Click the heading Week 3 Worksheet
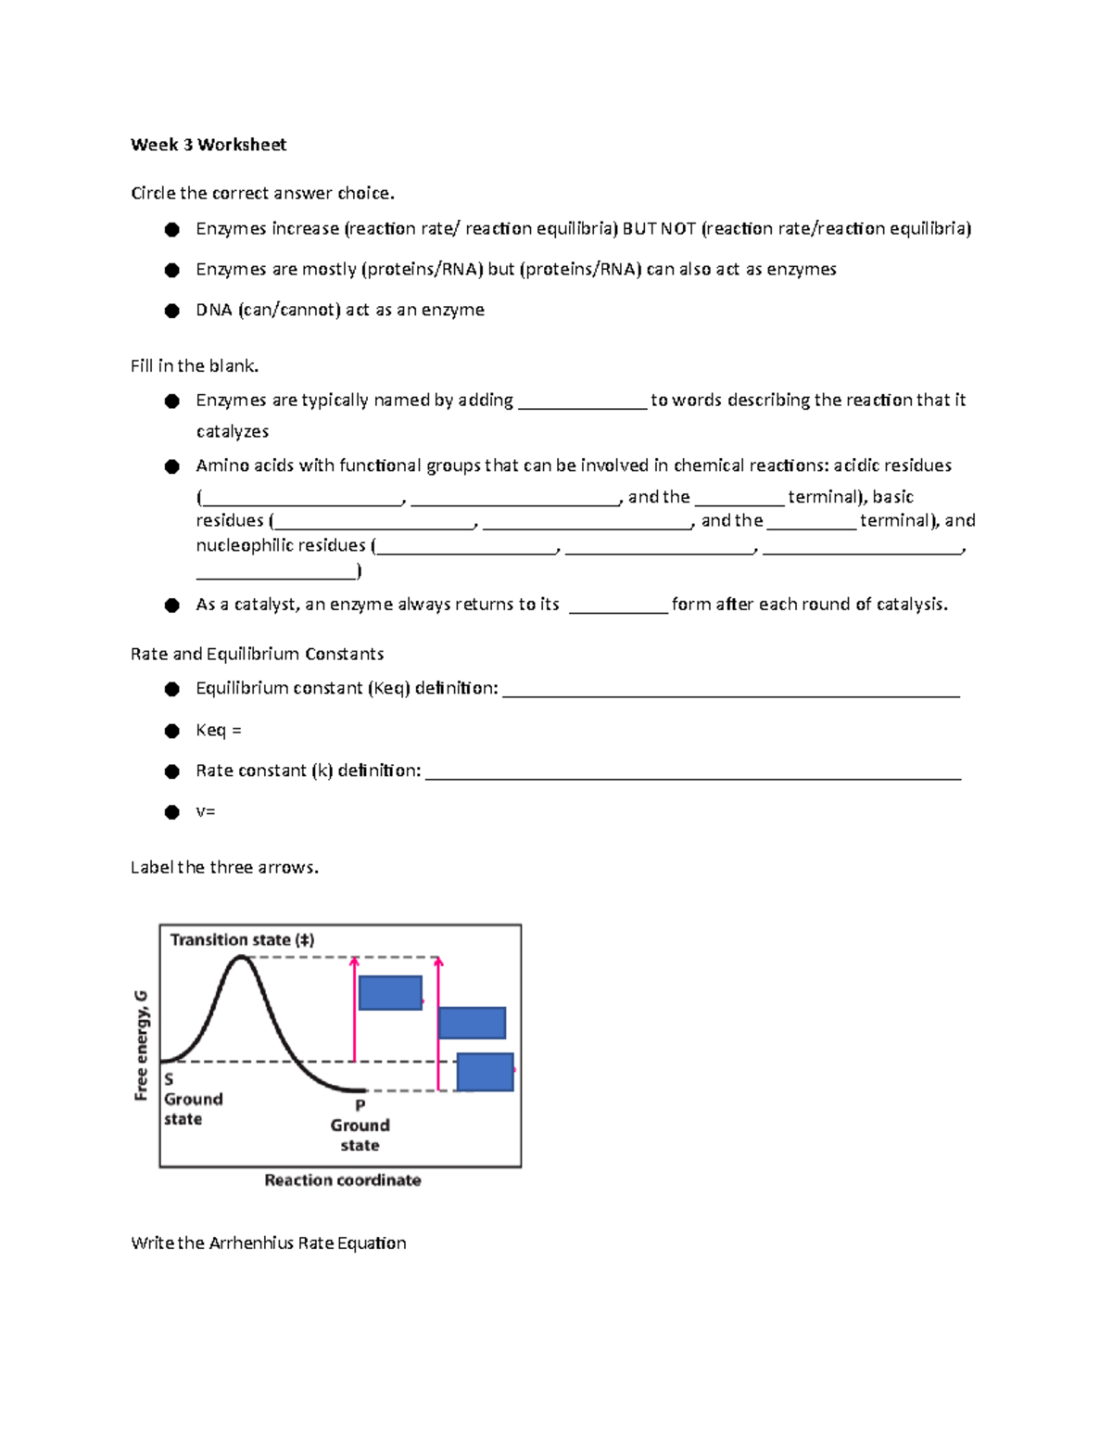(x=208, y=145)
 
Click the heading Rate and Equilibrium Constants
(x=257, y=654)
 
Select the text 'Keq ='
(x=218, y=731)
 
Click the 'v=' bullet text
(x=205, y=811)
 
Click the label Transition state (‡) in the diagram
(x=242, y=940)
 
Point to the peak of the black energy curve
(x=242, y=958)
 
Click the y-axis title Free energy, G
(x=141, y=1045)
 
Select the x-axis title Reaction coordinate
(x=342, y=1180)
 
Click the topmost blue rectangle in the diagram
(x=390, y=993)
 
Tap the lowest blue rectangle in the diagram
(x=485, y=1072)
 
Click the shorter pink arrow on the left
(x=355, y=1011)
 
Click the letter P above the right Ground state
(x=360, y=1105)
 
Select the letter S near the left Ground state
(x=169, y=1079)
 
